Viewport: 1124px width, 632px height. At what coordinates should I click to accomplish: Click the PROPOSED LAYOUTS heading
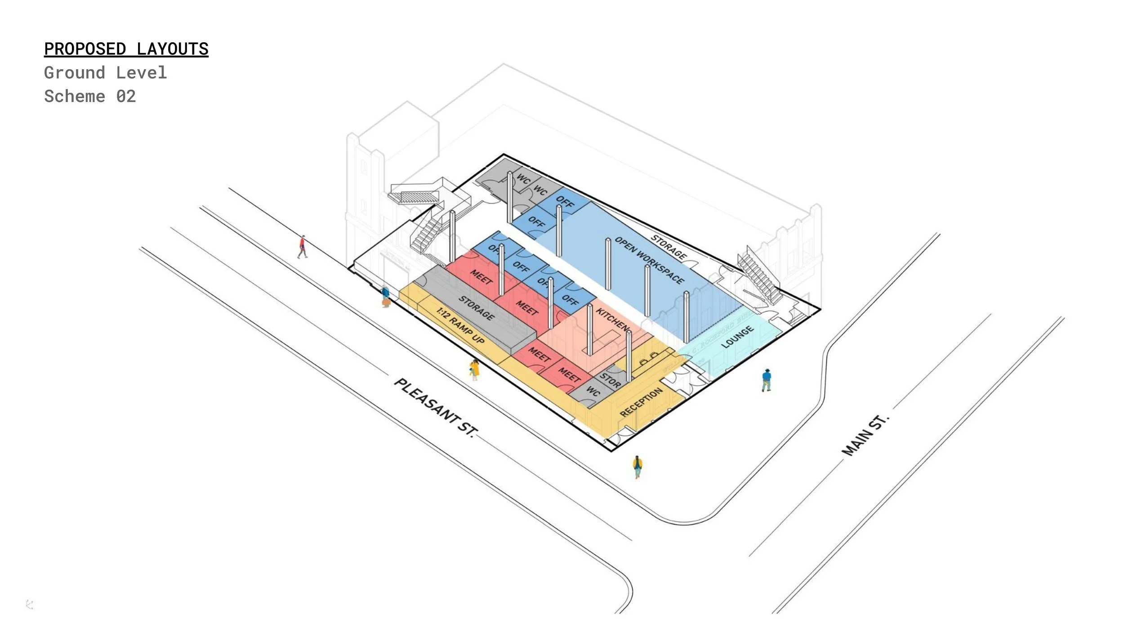coord(126,49)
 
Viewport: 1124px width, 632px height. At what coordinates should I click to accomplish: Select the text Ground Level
coord(105,73)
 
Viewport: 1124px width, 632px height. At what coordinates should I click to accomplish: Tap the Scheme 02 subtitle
coord(89,96)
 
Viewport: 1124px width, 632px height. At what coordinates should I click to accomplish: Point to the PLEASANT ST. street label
coord(435,407)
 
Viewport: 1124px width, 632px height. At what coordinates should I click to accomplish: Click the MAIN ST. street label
coord(865,435)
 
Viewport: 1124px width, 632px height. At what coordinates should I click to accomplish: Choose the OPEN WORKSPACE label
coord(649,260)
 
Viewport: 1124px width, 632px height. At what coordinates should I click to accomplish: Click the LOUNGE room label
coord(737,337)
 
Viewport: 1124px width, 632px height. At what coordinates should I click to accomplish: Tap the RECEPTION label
coord(641,402)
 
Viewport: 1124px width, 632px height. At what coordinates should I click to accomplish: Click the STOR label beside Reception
coord(610,380)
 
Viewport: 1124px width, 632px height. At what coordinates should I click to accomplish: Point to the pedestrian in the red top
coord(303,247)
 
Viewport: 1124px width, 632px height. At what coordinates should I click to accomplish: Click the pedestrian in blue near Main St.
coord(767,380)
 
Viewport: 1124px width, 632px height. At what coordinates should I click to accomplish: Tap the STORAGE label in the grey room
coord(476,308)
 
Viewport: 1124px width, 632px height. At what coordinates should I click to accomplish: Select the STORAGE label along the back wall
coord(669,247)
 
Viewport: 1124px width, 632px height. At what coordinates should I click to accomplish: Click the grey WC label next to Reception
coord(593,391)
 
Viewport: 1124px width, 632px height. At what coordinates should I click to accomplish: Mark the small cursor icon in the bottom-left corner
coord(30,605)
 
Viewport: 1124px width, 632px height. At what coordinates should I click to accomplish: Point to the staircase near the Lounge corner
coord(759,276)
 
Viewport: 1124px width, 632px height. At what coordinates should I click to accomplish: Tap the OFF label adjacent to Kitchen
coord(570,300)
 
